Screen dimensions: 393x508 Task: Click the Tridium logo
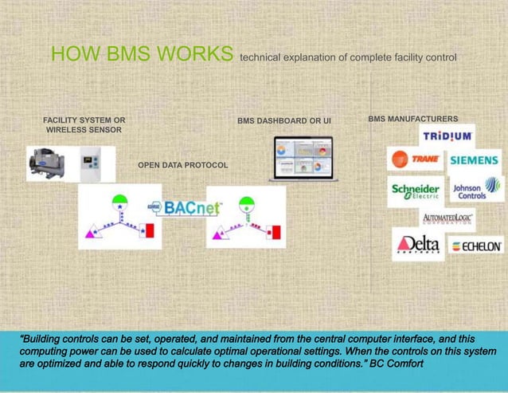[x=447, y=136]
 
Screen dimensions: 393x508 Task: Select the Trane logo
[x=415, y=159]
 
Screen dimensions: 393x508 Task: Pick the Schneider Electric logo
[x=415, y=190]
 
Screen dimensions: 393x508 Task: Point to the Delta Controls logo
[x=418, y=244]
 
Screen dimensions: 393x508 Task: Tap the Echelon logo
[x=475, y=246]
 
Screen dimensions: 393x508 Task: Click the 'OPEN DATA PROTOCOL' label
[x=182, y=165]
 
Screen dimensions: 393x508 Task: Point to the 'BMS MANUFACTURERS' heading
[x=412, y=118]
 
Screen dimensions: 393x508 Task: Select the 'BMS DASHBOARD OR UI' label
[x=283, y=121]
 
